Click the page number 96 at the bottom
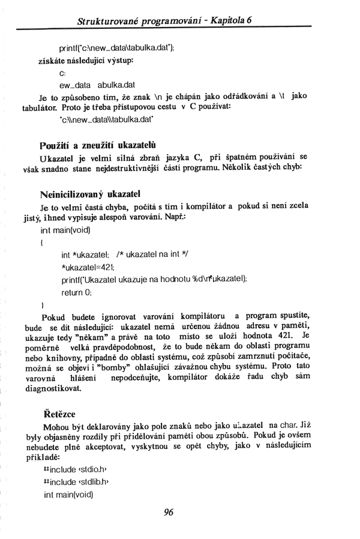point(168,512)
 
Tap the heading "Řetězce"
point(60,414)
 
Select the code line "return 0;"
point(76,292)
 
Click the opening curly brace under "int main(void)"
point(41,242)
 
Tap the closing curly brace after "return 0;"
point(41,304)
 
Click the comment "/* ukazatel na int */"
point(154,255)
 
